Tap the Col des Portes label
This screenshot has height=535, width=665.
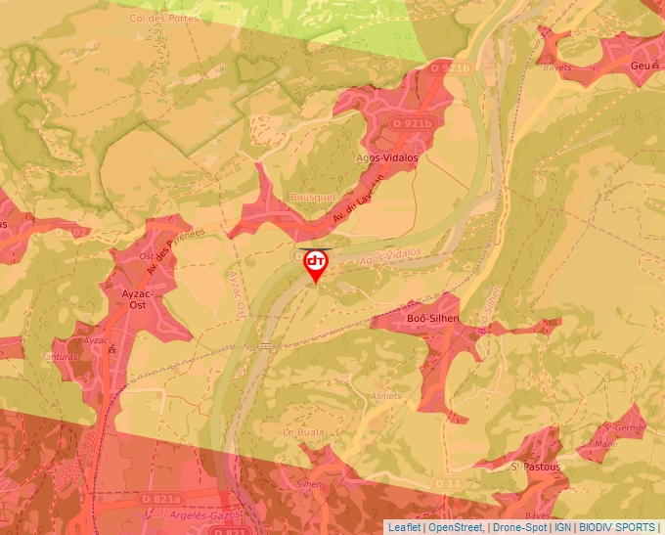(x=163, y=18)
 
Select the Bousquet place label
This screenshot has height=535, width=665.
(x=313, y=198)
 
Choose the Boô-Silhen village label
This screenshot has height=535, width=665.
(x=432, y=319)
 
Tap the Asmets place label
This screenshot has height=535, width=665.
(x=386, y=396)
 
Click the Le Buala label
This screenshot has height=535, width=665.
(x=302, y=431)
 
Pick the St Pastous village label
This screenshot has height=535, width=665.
(x=536, y=467)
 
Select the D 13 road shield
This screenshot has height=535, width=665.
(x=447, y=483)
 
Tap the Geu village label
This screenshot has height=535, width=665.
(x=641, y=66)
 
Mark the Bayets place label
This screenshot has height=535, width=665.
(x=556, y=67)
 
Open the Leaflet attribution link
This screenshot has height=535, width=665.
(x=405, y=527)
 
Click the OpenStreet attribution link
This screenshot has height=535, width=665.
(x=455, y=527)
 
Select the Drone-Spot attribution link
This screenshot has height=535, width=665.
(x=517, y=527)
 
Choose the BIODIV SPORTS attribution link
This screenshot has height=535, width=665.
(x=617, y=527)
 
